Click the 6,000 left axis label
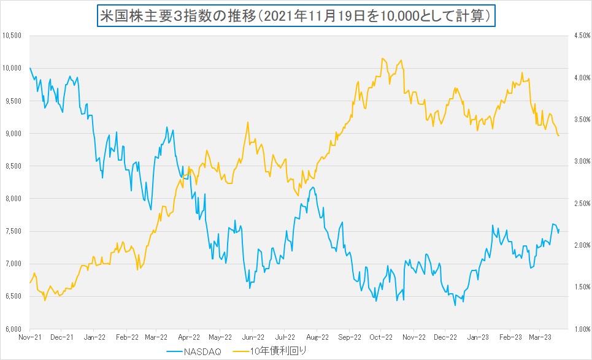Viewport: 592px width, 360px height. coord(13,329)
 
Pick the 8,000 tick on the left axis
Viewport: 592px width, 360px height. coord(13,199)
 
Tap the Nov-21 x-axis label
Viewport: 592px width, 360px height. coord(30,337)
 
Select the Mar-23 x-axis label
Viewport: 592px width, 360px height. coord(539,337)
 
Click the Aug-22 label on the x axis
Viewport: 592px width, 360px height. coord(317,337)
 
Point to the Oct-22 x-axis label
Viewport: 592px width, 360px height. coord(381,337)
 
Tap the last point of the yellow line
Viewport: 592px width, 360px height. coord(559,136)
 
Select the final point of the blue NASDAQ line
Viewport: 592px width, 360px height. coord(559,229)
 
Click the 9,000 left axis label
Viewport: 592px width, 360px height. coord(13,133)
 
